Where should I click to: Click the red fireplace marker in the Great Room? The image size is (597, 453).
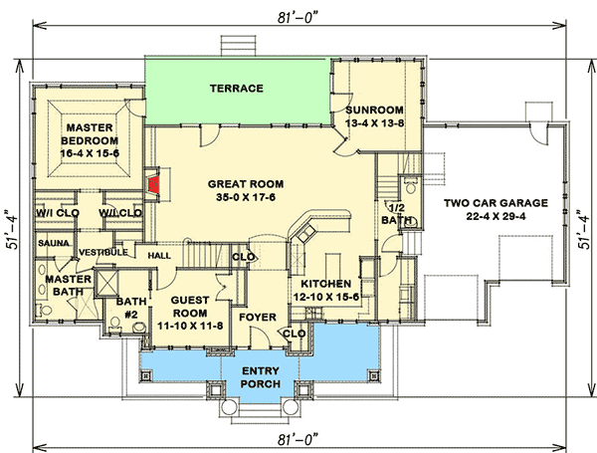tap(153, 183)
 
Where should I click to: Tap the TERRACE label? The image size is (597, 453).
tap(236, 89)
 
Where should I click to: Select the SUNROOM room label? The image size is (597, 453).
tap(374, 110)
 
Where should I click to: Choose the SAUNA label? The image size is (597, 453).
tap(53, 242)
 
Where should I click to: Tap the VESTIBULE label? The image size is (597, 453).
tap(103, 252)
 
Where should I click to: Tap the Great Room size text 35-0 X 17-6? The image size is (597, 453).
tap(246, 197)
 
